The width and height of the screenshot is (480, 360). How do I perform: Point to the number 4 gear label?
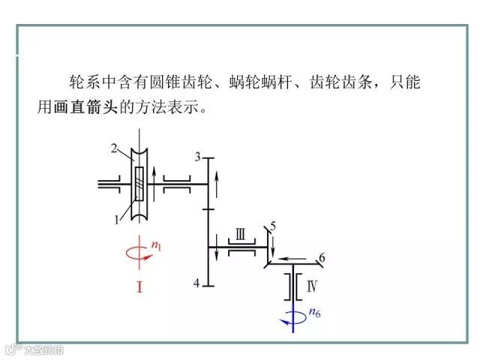click(x=196, y=283)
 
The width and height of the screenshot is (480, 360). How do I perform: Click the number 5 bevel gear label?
click(x=273, y=225)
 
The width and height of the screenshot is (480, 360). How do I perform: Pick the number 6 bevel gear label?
click(x=322, y=259)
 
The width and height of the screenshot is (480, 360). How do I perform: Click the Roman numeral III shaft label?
click(x=240, y=234)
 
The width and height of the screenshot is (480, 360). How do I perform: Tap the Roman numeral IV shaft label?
click(x=313, y=285)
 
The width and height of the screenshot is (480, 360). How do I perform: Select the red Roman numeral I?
click(x=139, y=285)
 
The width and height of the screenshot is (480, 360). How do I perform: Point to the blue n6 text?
click(x=314, y=313)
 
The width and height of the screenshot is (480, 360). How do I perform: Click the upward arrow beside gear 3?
click(x=217, y=181)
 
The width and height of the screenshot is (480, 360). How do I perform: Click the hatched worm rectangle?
click(x=139, y=184)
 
